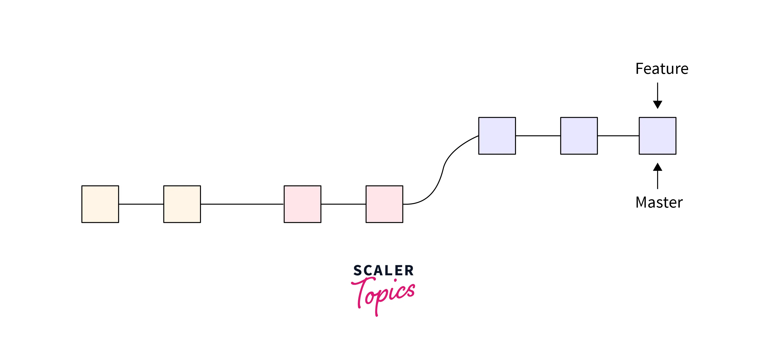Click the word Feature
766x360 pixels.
(662, 69)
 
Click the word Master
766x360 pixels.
(659, 202)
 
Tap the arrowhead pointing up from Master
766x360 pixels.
(657, 167)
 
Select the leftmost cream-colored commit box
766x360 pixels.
(100, 204)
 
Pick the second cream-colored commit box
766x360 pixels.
(182, 204)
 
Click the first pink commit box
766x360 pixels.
(302, 204)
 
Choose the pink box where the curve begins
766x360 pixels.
(384, 204)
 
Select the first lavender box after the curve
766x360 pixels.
(497, 136)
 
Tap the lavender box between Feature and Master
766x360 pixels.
(657, 136)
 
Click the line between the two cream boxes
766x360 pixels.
(141, 204)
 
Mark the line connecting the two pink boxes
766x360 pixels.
(343, 204)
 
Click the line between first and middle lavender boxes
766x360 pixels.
(538, 136)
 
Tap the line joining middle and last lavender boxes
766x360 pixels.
(618, 136)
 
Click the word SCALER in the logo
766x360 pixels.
(383, 271)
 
